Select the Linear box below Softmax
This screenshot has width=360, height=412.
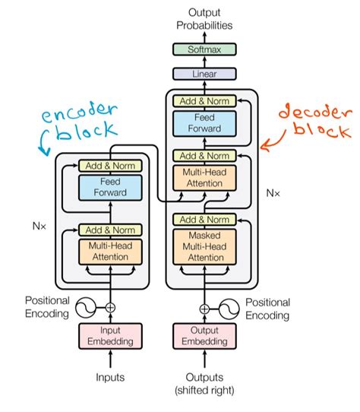pyautogui.click(x=204, y=74)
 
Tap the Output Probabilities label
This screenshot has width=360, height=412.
pyautogui.click(x=204, y=17)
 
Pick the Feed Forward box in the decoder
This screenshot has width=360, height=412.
pyautogui.click(x=204, y=124)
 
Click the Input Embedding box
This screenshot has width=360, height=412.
pyautogui.click(x=111, y=336)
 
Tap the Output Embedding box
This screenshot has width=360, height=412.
pyautogui.click(x=204, y=336)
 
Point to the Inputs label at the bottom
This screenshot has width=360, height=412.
pyautogui.click(x=111, y=376)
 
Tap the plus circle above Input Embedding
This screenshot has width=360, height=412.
pyautogui.click(x=111, y=308)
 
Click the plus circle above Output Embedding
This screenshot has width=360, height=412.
pyautogui.click(x=204, y=309)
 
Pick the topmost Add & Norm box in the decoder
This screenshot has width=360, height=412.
pyautogui.click(x=204, y=100)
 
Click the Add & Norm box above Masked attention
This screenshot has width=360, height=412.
pyautogui.click(x=204, y=220)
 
